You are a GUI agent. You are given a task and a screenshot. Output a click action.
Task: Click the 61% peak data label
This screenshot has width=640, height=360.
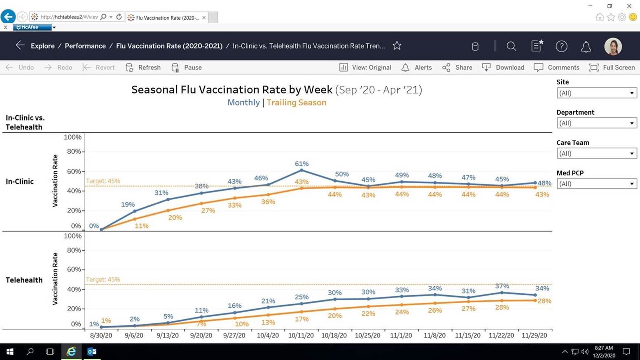[301, 164]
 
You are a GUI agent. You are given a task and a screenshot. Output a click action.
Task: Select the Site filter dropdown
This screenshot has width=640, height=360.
[596, 93]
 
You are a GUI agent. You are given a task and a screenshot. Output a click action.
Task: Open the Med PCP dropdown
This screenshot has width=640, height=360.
[596, 184]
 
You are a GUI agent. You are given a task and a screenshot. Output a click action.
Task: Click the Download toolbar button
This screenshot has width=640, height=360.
[503, 68]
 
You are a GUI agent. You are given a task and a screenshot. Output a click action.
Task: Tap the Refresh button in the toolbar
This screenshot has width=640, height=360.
[143, 68]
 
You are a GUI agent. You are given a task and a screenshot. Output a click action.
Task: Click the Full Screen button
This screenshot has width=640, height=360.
[612, 68]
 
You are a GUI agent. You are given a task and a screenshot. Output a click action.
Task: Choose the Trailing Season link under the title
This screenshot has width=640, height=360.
[296, 103]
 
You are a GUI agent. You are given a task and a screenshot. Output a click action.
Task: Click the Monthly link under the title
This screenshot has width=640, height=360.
[243, 103]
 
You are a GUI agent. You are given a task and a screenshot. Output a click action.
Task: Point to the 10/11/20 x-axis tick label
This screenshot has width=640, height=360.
[301, 335]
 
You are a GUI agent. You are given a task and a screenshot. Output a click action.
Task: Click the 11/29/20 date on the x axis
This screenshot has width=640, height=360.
[534, 335]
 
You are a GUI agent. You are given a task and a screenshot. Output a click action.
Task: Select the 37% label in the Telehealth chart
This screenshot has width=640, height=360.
[502, 286]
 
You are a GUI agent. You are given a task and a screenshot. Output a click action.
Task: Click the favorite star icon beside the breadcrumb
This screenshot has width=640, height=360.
[397, 46]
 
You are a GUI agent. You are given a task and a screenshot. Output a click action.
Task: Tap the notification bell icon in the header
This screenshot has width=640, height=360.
[586, 47]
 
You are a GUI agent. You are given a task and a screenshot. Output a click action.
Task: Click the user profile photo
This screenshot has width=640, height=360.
[613, 46]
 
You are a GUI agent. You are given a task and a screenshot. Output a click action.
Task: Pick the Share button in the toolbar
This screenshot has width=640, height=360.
[457, 68]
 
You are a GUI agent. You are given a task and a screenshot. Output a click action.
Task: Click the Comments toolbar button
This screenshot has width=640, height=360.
[556, 68]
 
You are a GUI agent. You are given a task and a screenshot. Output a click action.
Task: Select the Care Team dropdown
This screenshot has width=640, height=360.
[596, 154]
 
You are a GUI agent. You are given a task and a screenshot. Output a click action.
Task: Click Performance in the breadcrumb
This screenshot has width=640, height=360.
[85, 46]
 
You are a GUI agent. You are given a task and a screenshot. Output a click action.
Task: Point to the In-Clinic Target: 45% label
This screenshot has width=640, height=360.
[103, 181]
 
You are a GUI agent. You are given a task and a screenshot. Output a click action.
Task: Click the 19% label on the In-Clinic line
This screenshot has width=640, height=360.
[128, 204]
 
